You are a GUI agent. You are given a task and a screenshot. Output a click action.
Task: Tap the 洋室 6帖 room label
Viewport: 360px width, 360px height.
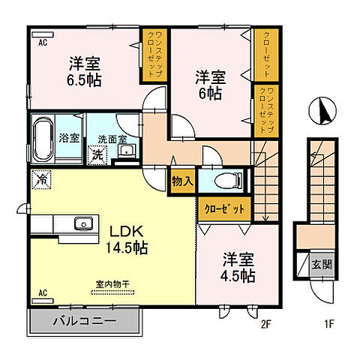click(209, 85)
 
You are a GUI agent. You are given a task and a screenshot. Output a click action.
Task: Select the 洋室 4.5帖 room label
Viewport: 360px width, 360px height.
click(238, 267)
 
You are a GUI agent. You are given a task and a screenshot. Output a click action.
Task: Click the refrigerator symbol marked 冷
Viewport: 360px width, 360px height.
click(43, 180)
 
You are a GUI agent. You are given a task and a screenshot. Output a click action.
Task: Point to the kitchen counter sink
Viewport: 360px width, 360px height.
click(82, 223)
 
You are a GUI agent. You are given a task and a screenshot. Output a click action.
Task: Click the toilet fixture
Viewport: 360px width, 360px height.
click(228, 180)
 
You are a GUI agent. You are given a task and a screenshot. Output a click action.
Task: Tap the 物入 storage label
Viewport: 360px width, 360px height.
click(181, 181)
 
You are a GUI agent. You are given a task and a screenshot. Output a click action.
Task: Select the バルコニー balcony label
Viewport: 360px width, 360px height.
click(83, 322)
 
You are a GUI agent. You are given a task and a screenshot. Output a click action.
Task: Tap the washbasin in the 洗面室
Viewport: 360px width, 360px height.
click(126, 152)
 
